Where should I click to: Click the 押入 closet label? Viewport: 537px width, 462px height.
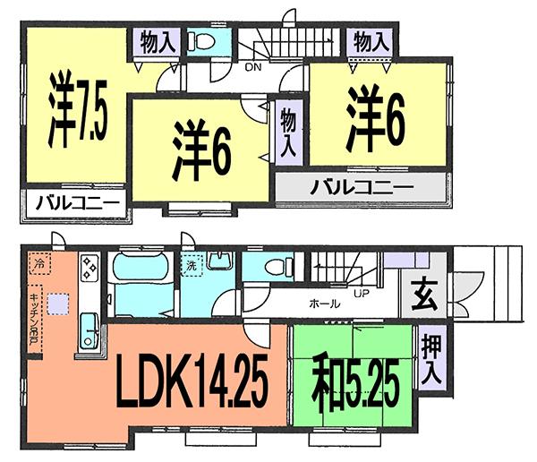click(430, 359)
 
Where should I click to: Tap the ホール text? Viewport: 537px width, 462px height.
click(324, 304)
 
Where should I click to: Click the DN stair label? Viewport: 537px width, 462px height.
click(253, 66)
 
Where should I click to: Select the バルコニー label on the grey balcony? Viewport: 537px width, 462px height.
click(361, 189)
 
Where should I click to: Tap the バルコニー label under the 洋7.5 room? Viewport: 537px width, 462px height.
click(76, 205)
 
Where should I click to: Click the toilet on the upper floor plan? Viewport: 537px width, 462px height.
click(202, 42)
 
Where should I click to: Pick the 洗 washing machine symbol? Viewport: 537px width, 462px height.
click(192, 266)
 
